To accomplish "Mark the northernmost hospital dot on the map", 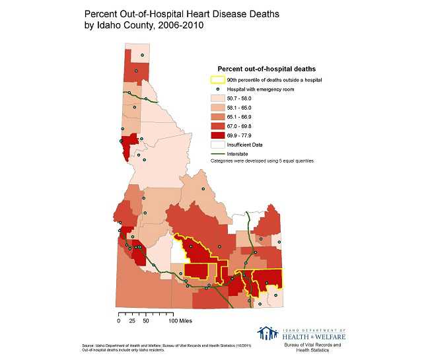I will coord(141,55).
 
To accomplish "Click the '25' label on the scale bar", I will coord(131,321).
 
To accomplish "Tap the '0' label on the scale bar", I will coord(119,321).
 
